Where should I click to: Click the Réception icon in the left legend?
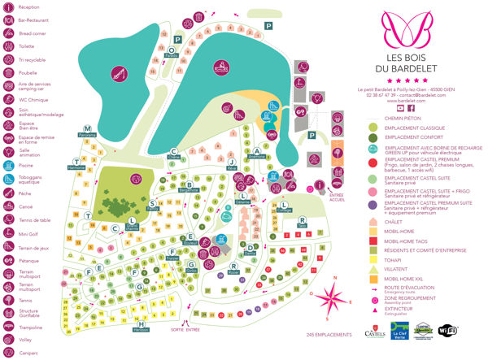click(7, 7)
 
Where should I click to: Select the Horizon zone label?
click(142, 328)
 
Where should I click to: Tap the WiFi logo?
click(447, 331)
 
